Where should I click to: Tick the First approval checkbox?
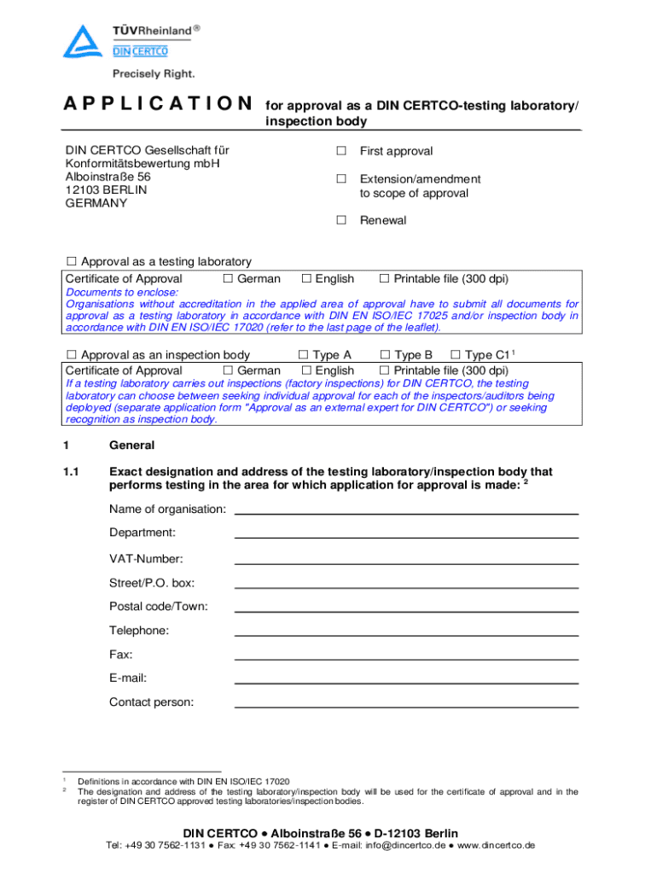[x=340, y=151]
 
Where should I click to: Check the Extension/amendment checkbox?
[x=340, y=178]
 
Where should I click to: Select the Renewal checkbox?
[x=340, y=220]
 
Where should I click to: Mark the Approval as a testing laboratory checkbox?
[x=72, y=261]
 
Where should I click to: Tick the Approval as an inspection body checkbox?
[x=72, y=355]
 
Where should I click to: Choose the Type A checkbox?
[x=303, y=355]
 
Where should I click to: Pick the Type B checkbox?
[x=385, y=355]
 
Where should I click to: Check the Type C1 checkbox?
[x=455, y=355]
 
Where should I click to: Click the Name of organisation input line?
[x=406, y=511]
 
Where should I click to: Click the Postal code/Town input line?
[x=406, y=609]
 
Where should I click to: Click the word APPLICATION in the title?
[x=158, y=104]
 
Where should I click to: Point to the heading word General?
[x=131, y=446]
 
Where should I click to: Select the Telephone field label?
[x=139, y=631]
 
